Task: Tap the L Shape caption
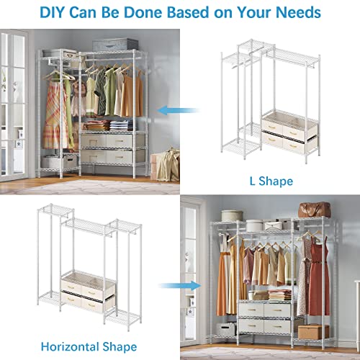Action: (269, 181)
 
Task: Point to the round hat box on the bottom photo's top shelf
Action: (232, 215)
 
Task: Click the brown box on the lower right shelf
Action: (313, 330)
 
